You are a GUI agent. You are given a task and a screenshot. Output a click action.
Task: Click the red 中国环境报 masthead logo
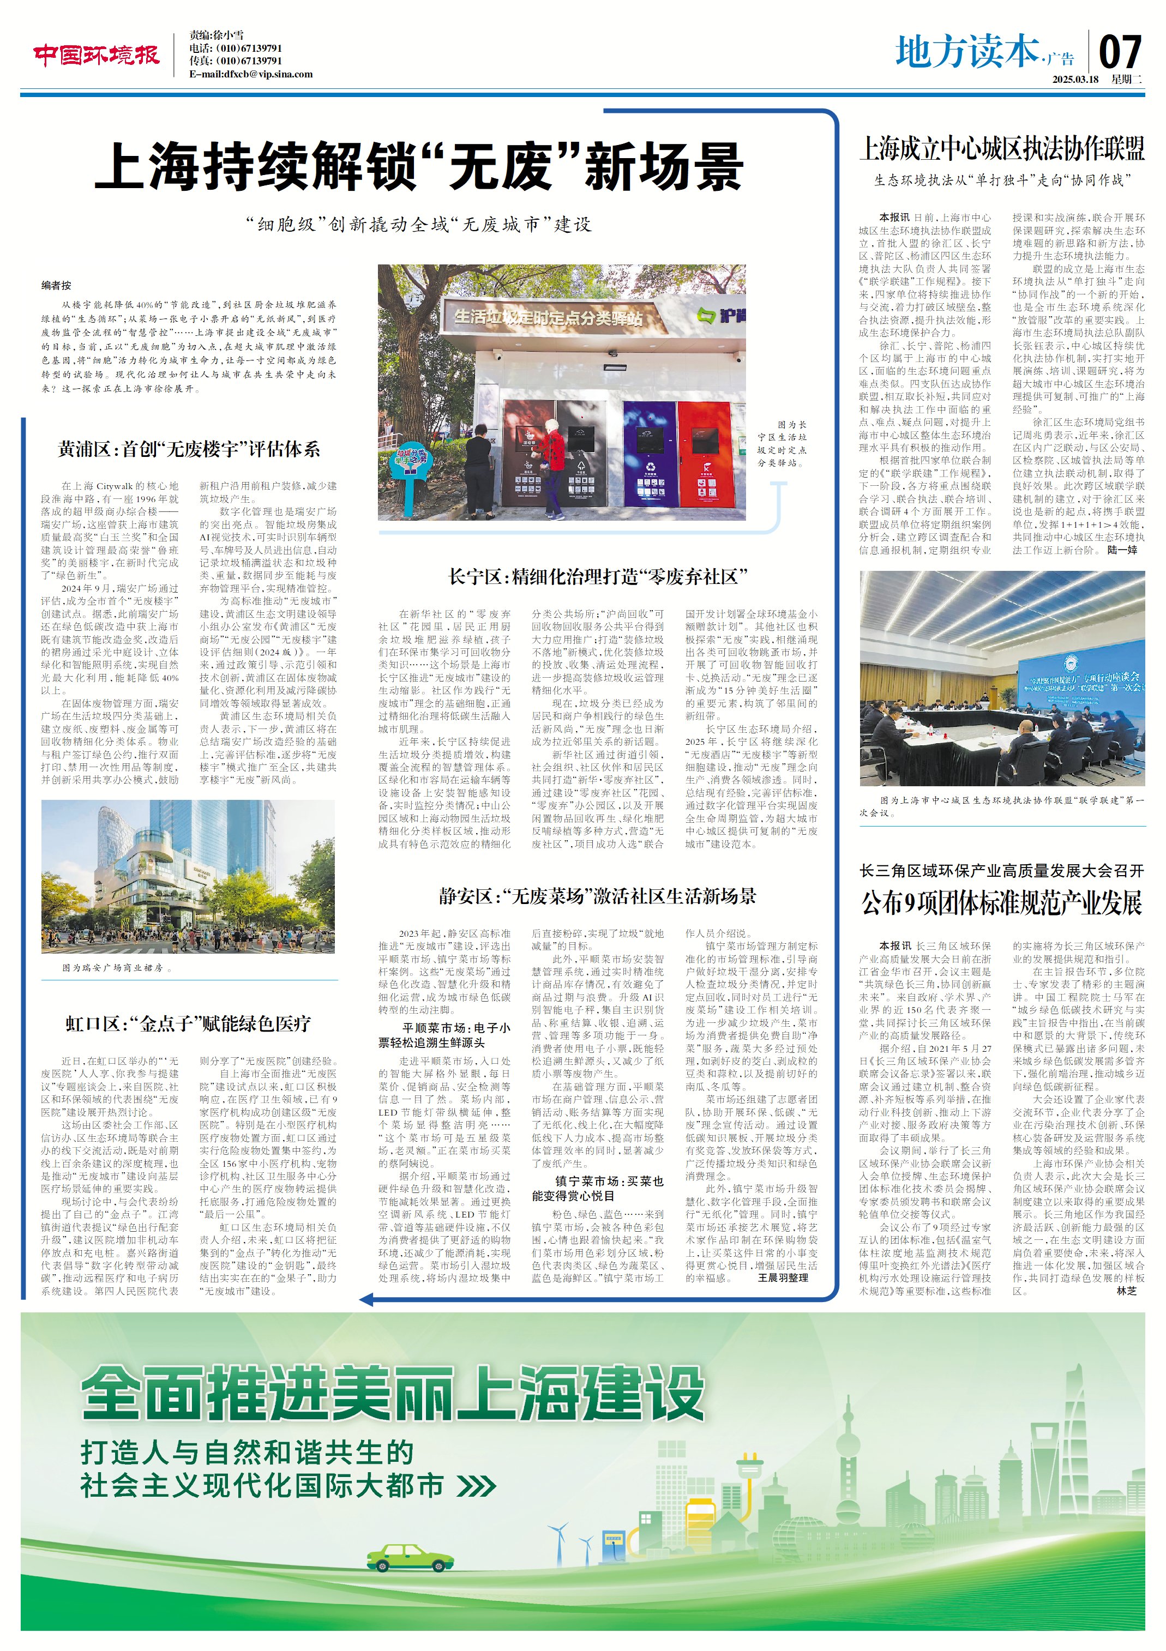point(95,55)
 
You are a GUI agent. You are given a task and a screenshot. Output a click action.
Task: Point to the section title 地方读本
point(967,52)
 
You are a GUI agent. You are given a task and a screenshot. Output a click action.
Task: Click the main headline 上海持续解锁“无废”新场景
point(419,166)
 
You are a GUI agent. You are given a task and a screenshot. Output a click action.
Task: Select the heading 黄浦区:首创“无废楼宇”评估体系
point(189,449)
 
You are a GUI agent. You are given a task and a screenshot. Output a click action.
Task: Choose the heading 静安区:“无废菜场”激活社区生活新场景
point(598,896)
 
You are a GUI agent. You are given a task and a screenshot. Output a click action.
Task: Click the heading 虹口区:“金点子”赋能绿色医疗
point(189,1023)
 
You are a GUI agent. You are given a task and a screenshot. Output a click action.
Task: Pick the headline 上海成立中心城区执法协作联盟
point(1002,149)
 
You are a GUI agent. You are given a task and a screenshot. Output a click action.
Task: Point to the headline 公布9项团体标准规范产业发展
point(1002,903)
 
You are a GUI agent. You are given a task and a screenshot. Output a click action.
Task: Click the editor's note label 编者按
point(56,286)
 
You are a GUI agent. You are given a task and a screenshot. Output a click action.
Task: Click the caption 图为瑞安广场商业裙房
point(117,968)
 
